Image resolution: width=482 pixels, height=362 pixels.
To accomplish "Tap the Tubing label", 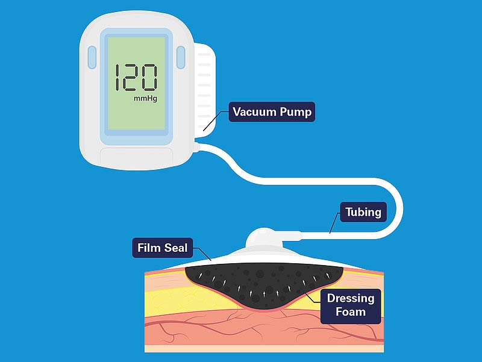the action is point(363,212).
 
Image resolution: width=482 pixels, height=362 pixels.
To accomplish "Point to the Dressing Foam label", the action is point(351,305).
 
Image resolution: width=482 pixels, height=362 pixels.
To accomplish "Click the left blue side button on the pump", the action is point(92,57).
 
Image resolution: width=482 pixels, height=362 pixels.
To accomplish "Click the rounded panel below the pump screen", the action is point(136,158).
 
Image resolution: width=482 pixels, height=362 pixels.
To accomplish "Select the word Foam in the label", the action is point(351,312).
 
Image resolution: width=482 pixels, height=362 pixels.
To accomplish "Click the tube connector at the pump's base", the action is point(195,146).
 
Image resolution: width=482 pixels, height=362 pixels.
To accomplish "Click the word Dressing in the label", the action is point(351,298).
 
